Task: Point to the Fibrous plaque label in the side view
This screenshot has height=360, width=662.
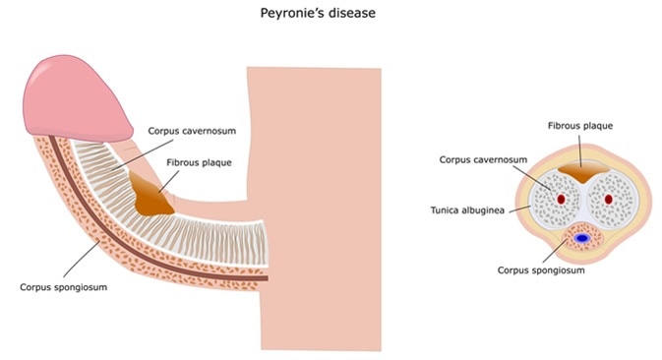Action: tap(200, 162)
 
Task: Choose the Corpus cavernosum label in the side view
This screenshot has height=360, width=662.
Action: tap(192, 129)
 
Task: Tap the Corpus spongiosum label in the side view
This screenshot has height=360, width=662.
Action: tap(60, 287)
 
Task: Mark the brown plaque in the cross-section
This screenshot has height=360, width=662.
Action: tap(583, 175)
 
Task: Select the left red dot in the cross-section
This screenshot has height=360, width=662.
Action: tap(561, 200)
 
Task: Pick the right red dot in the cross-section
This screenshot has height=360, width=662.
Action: tap(607, 200)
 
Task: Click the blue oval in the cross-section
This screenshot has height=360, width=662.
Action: tap(582, 238)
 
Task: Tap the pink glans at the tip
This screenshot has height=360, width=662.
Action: tap(79, 93)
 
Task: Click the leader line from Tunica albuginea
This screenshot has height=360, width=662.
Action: tap(521, 209)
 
